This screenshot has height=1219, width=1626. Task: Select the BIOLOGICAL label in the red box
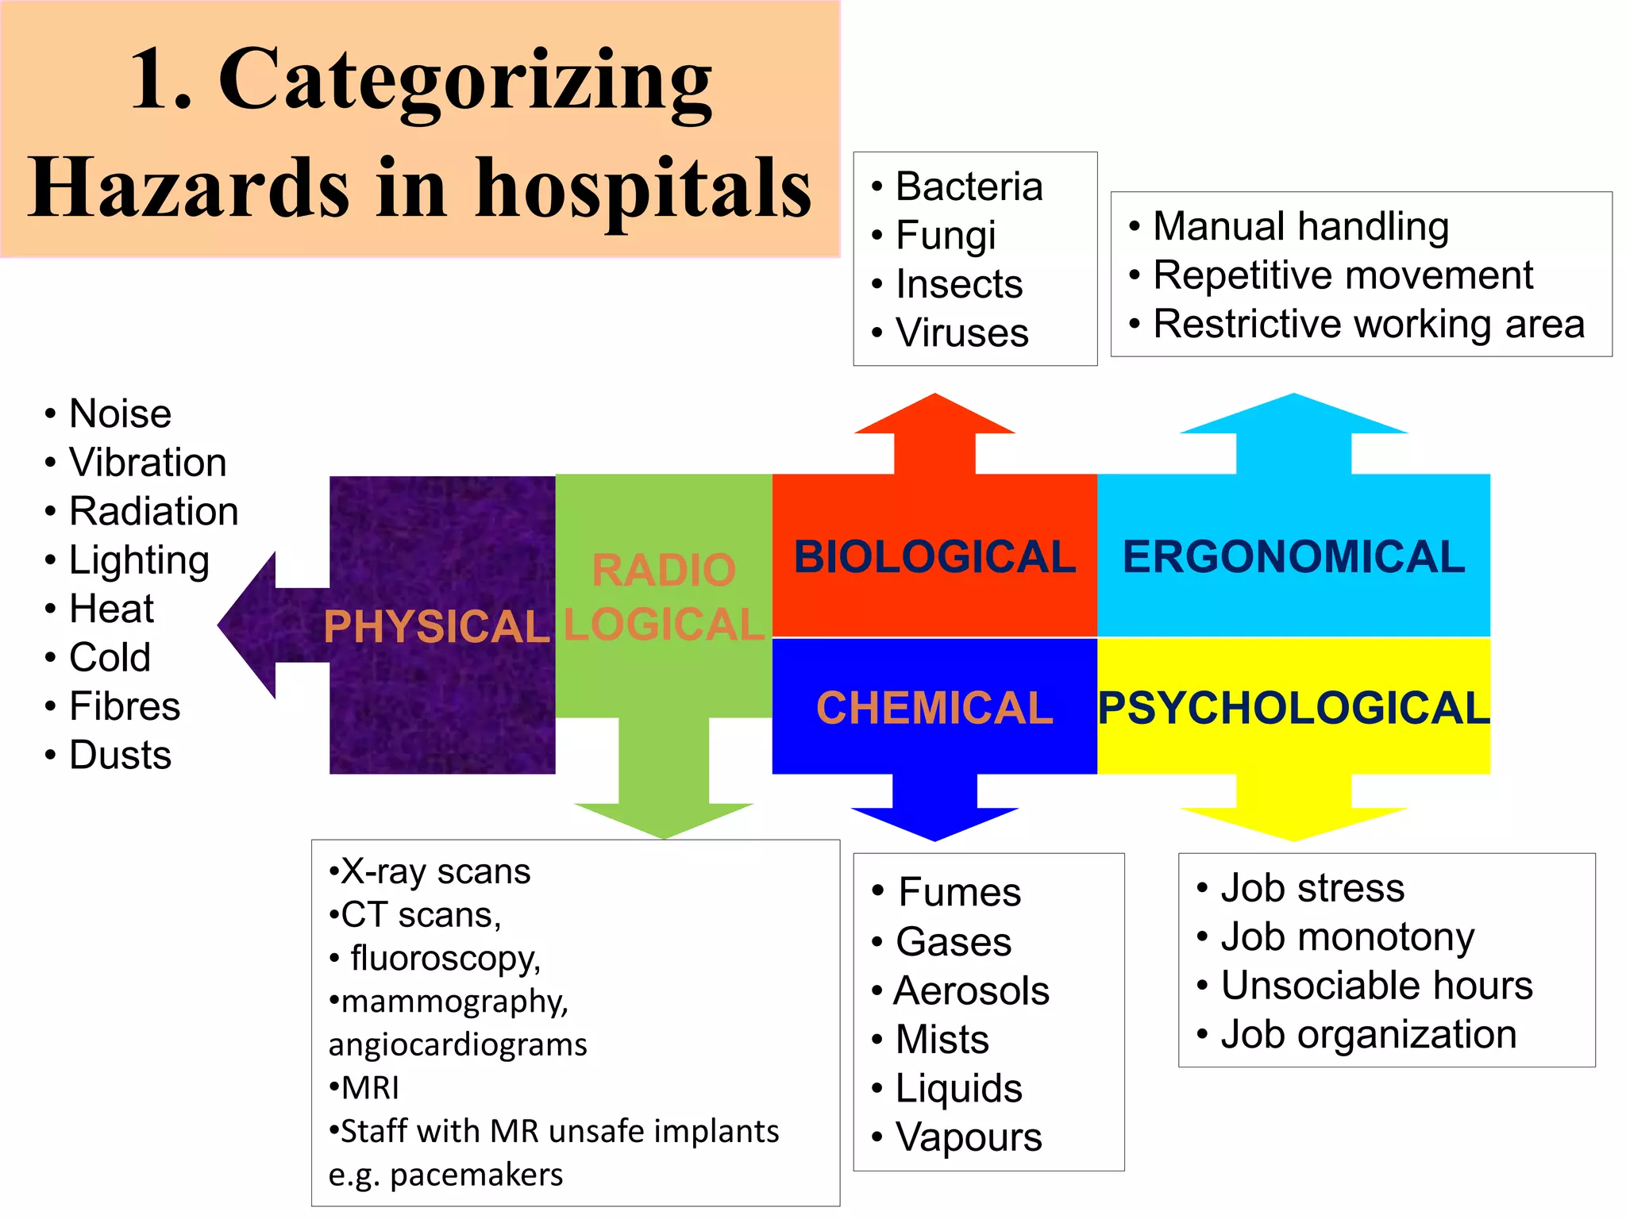934,556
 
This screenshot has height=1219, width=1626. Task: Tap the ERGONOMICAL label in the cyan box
1293,556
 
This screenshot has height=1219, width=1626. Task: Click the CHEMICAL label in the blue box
934,708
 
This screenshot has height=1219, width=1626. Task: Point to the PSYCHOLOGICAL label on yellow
1293,708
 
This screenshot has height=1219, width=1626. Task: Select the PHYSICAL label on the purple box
436,627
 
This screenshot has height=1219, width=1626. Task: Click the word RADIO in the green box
664,570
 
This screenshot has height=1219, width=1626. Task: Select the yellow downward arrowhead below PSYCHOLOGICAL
1293,822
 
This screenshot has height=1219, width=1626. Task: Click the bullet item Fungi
945,236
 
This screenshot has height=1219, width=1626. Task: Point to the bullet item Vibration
148,463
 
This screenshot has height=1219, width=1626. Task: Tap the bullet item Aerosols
971,991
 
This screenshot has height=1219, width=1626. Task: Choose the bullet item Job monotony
1347,937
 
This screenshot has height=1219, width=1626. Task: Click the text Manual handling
1300,226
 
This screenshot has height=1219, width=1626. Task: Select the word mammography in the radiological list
453,1002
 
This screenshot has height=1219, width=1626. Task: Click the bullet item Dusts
120,755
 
